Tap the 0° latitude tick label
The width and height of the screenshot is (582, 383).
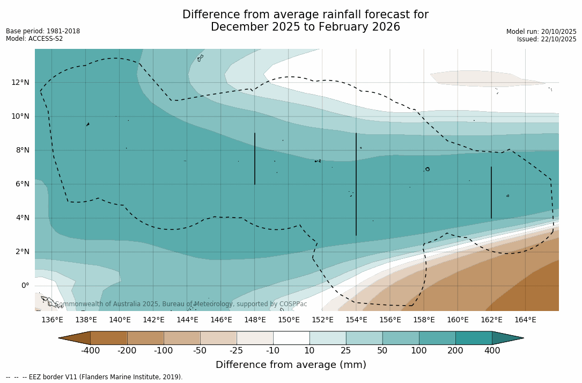tap(25, 286)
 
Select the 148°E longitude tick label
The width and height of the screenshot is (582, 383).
tap(255, 320)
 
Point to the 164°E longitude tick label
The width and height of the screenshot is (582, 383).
tap(525, 320)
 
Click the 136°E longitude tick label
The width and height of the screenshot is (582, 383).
tap(52, 320)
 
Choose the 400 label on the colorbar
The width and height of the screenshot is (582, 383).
tap(492, 351)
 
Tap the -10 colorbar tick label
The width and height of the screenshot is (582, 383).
tap(273, 351)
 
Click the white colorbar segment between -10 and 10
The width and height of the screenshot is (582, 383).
tap(291, 338)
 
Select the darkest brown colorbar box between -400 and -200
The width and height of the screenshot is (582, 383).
tap(109, 338)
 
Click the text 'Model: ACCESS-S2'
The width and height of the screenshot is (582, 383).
tap(34, 39)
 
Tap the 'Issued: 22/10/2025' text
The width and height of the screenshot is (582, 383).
tap(547, 39)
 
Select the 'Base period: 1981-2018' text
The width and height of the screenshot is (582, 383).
tap(43, 31)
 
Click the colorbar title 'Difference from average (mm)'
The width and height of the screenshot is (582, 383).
tap(291, 365)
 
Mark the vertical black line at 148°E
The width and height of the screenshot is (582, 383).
tap(255, 158)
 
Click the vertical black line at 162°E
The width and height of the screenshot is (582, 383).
tap(491, 192)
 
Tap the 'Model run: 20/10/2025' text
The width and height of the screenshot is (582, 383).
tap(541, 32)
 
